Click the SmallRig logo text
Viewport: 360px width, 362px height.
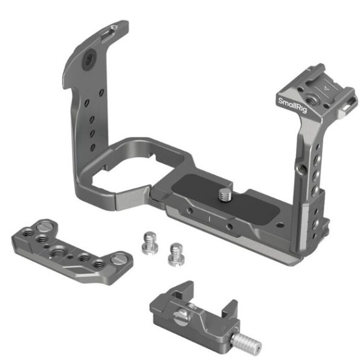coord(292,106)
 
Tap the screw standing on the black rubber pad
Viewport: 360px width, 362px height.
coord(225,195)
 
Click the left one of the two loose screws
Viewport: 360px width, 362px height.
coord(150,243)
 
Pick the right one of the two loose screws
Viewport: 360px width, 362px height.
coord(176,254)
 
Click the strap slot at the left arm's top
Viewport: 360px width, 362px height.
coord(109,34)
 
